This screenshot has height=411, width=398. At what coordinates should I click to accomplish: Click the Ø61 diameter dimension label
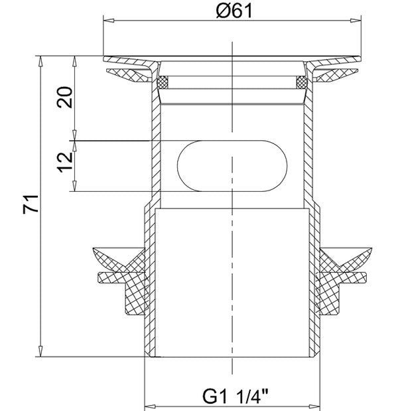click(x=234, y=11)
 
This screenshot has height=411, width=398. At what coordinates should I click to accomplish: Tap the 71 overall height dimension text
click(x=31, y=205)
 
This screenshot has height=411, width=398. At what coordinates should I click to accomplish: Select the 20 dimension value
click(x=64, y=97)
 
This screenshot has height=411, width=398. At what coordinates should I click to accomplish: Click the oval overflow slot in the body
click(x=232, y=166)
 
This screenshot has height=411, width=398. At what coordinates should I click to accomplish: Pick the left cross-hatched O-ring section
click(x=163, y=82)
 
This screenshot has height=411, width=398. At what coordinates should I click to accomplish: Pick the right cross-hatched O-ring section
click(x=302, y=82)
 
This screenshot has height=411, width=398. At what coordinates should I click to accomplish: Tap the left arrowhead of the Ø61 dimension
click(x=109, y=21)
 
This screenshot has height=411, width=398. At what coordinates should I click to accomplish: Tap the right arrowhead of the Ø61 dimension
click(x=356, y=21)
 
